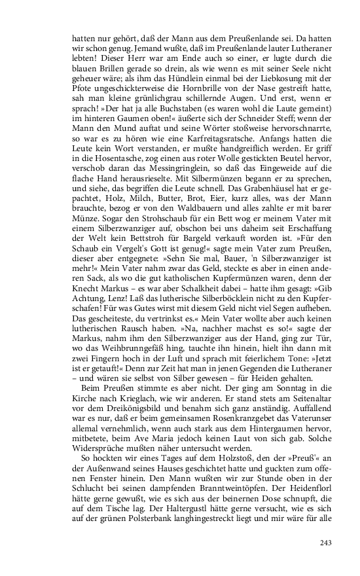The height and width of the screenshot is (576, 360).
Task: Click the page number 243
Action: click(x=328, y=542)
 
